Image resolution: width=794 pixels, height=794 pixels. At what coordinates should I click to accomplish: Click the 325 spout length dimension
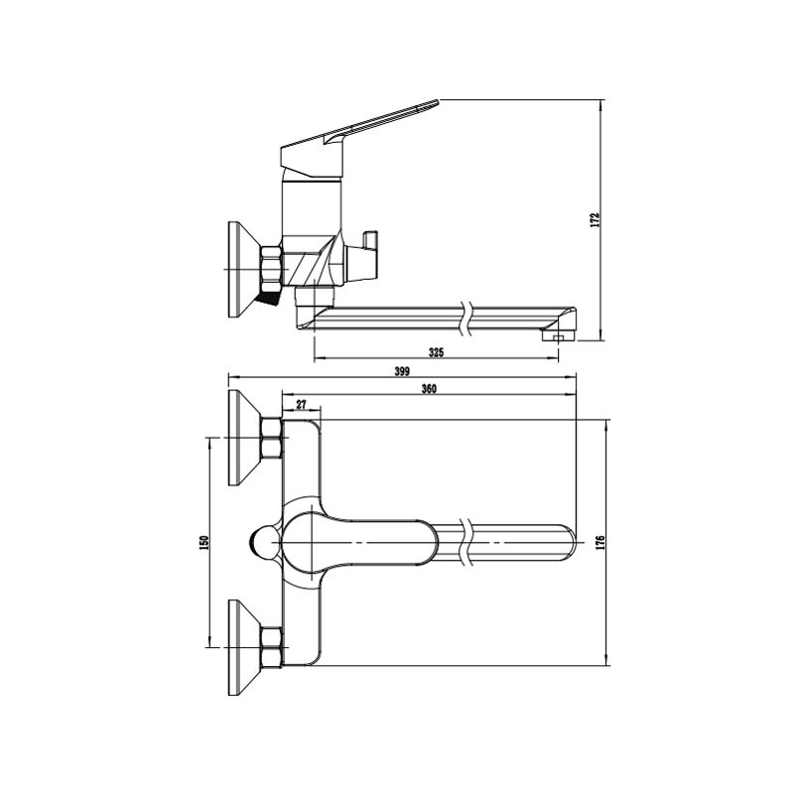(436, 352)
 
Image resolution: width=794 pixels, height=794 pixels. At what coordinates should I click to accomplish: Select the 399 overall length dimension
(402, 370)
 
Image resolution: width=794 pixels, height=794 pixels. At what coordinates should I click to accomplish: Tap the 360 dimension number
(429, 388)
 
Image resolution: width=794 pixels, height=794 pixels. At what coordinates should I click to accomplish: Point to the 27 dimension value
(302, 404)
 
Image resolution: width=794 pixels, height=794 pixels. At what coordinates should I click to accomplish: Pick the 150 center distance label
(204, 543)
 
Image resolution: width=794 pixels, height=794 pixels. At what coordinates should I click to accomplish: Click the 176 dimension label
(601, 543)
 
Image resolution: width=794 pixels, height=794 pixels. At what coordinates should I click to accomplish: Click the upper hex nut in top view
(271, 439)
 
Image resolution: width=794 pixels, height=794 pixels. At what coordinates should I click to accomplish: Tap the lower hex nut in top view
(271, 648)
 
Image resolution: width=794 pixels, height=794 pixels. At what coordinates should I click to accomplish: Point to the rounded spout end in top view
(568, 542)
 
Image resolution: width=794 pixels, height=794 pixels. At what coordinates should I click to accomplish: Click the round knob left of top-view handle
(265, 543)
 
